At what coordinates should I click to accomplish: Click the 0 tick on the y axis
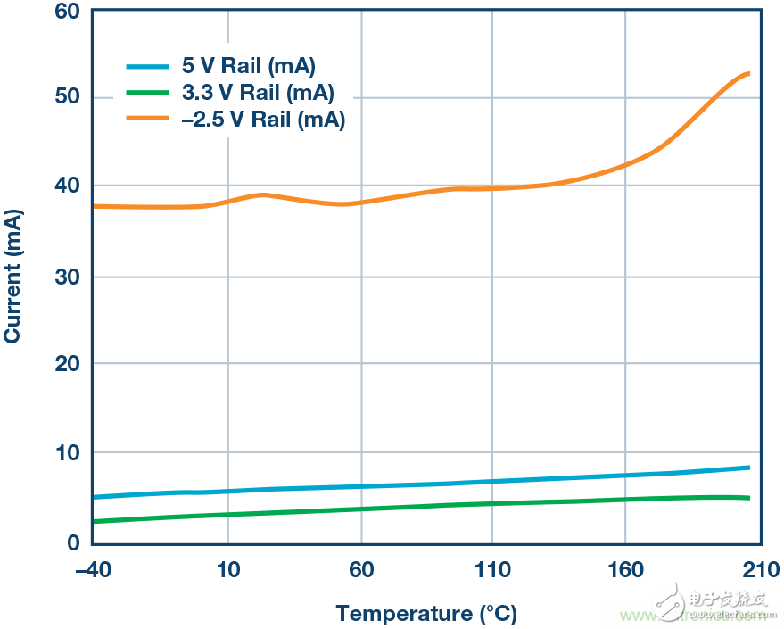point(72,542)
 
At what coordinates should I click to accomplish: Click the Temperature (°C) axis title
point(425,613)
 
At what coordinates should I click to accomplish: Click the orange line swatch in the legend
point(147,119)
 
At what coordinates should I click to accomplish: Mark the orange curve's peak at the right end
point(747,73)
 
